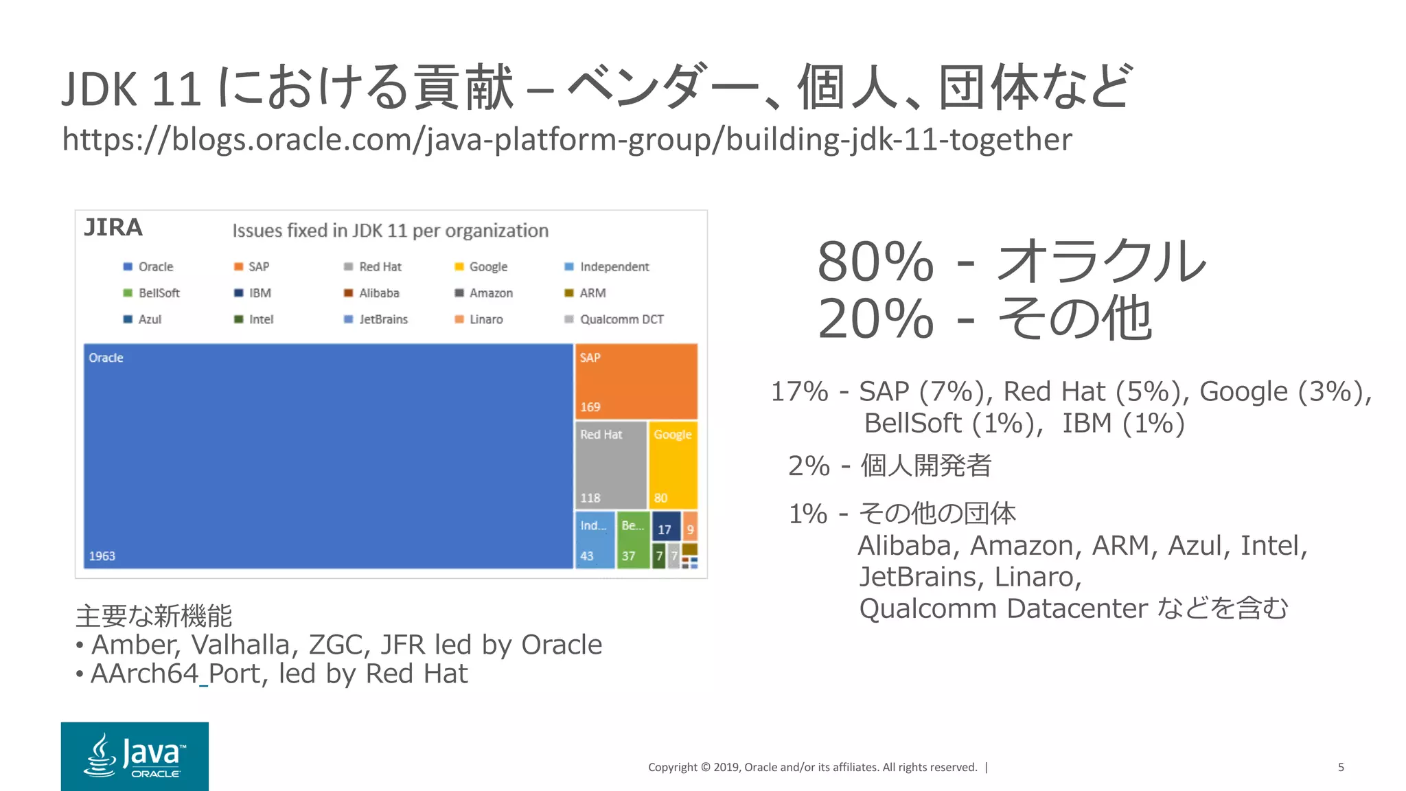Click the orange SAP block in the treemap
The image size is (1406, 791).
[x=636, y=381]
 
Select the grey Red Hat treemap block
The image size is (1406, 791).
[x=610, y=466]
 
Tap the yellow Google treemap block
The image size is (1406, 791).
[x=673, y=466]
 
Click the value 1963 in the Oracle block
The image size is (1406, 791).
[x=102, y=556]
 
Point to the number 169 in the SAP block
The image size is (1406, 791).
[x=590, y=407]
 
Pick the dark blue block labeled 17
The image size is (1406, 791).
[x=665, y=527]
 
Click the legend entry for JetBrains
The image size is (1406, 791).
[x=383, y=319]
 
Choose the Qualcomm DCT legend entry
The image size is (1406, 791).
[x=621, y=319]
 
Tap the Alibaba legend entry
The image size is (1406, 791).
[x=379, y=293]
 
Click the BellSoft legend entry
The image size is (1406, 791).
[x=159, y=293]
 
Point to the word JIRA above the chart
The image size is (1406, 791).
[x=113, y=227]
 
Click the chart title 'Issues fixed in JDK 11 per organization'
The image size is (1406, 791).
[x=390, y=231]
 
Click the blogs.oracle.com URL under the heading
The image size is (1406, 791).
[x=566, y=140]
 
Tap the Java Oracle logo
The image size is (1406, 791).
[x=135, y=756]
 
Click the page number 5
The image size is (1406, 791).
[x=1341, y=767]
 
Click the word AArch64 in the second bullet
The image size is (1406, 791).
[x=144, y=674]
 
